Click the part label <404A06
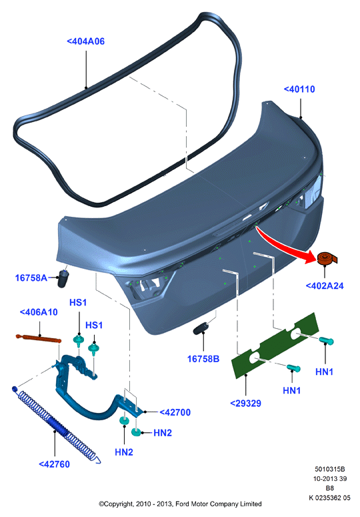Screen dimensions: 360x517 point(85,41)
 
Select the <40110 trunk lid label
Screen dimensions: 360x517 point(299,89)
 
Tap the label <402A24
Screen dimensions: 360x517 point(325,286)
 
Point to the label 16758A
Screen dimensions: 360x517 point(31,278)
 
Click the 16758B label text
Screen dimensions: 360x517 point(203,359)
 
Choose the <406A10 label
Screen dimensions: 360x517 point(39,312)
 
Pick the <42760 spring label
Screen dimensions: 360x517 point(55,464)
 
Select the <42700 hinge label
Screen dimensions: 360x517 point(175,412)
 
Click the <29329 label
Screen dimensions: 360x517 point(246,403)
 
